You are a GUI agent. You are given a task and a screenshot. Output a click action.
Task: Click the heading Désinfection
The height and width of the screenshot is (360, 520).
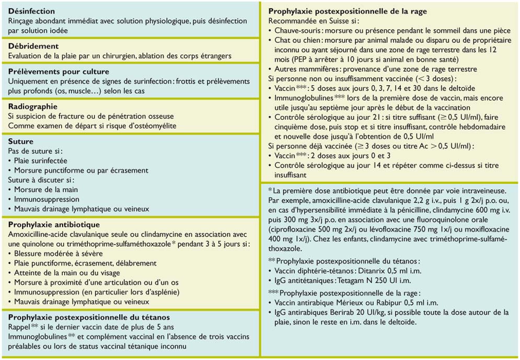pos(32,11)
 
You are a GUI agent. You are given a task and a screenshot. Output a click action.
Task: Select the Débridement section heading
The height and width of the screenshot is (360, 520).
pos(33,46)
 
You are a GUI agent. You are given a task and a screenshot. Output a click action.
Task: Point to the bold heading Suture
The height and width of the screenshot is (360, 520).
pos(21,142)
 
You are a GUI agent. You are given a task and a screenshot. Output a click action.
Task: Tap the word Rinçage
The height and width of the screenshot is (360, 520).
pos(24,20)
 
